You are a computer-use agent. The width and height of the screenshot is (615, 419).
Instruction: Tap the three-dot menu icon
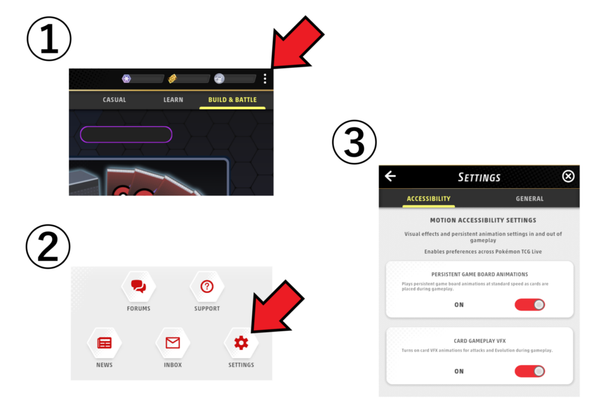tap(265, 79)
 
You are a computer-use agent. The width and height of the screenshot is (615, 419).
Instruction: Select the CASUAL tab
tap(114, 100)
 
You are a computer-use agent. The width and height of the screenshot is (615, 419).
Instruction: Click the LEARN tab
tap(174, 100)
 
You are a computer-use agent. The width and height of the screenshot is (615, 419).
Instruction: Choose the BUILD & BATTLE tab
tap(232, 100)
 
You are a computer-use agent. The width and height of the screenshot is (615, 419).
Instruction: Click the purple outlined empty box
tap(126, 134)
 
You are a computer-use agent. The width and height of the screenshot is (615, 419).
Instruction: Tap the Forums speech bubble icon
tap(139, 286)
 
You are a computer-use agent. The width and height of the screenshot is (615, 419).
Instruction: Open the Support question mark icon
tap(207, 286)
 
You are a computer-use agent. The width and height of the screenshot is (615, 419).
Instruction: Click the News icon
tap(105, 343)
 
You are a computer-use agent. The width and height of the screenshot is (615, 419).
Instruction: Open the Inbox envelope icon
tap(172, 343)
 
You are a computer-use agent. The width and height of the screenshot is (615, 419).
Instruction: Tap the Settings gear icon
tap(241, 343)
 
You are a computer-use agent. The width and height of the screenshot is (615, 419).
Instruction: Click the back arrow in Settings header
tap(390, 176)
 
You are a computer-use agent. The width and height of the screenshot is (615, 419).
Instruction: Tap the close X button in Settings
tap(568, 176)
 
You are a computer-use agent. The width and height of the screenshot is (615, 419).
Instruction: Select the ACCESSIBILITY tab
tap(428, 199)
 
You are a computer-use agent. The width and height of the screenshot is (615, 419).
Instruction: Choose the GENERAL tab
tap(530, 199)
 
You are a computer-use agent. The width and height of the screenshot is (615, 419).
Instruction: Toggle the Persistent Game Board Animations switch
tap(530, 305)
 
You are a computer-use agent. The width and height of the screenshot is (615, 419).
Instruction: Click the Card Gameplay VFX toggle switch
tap(530, 371)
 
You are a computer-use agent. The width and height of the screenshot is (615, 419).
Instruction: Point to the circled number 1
tap(49, 39)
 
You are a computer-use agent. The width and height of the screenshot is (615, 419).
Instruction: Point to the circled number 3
tap(354, 142)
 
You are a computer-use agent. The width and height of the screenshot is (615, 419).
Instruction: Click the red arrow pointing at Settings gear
tap(276, 307)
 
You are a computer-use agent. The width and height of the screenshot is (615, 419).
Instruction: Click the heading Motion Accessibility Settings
tap(483, 220)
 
